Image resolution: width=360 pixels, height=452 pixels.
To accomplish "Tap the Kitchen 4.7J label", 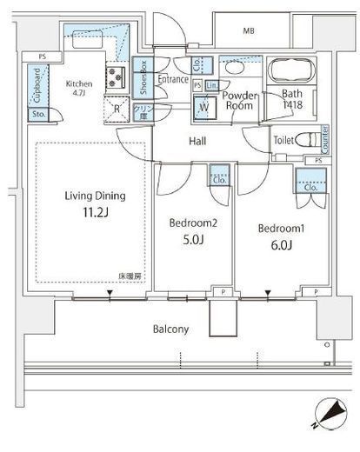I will pos(79,89).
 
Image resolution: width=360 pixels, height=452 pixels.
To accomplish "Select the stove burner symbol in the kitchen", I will pos(117,78).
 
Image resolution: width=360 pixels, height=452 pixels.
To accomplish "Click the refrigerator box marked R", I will pos(117,108).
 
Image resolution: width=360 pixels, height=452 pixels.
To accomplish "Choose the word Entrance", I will pos(173,79).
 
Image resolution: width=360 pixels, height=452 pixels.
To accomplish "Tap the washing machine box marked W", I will pos(203,106).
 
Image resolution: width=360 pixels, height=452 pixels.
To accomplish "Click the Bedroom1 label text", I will pos(280,228).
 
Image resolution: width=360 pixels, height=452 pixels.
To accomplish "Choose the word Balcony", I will pos(173,329).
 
